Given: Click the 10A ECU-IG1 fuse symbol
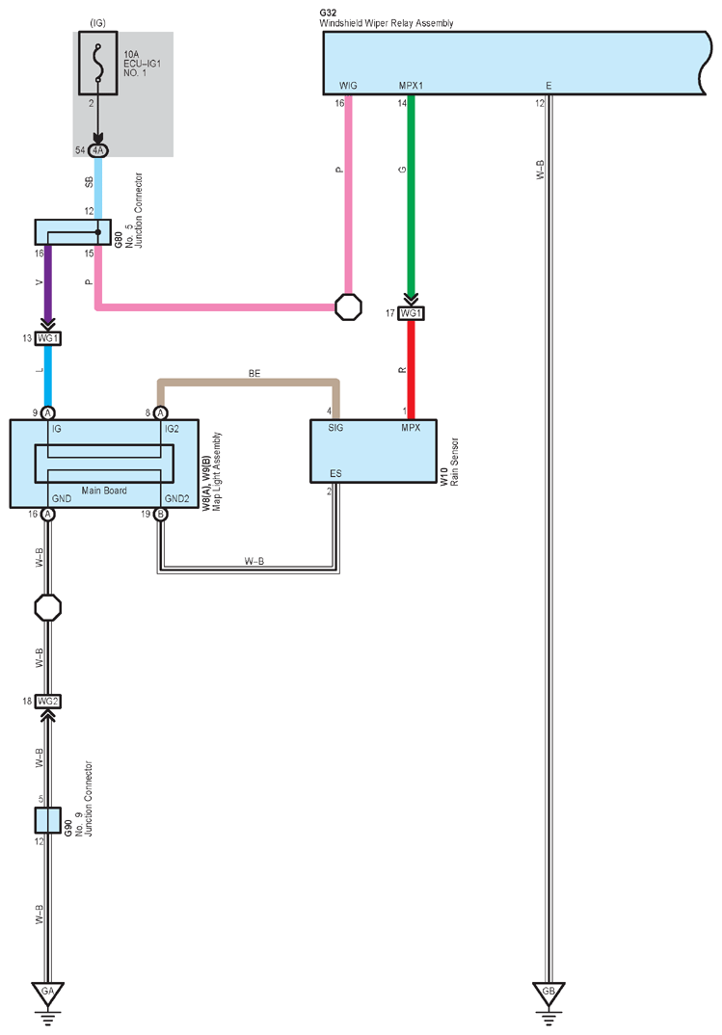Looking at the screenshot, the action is [98, 63].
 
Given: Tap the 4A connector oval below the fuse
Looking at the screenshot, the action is [98, 150].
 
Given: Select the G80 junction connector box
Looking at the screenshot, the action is [72, 232].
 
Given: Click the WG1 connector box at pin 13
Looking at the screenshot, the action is [48, 338].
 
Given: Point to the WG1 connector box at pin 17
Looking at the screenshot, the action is [411, 313].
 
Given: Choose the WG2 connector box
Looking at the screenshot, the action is [48, 701].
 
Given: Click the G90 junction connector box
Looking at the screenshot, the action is [47, 820].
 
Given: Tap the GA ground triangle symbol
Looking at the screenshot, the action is [48, 993].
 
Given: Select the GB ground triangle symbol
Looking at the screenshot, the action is [548, 993].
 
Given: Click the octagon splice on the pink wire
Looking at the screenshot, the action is [348, 307].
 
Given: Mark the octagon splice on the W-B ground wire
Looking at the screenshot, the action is [48, 608].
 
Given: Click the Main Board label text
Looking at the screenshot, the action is [103, 491].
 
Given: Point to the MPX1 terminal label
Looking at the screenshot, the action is [411, 86].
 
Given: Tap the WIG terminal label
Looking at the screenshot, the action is [348, 86].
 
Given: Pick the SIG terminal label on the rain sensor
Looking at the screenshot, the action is [335, 428].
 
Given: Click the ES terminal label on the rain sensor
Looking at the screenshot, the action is [335, 473].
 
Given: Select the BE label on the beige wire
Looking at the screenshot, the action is [254, 374].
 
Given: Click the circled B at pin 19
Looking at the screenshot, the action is [160, 515].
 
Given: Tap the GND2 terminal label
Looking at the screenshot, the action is [176, 499].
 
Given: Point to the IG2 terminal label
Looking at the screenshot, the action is [172, 429].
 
